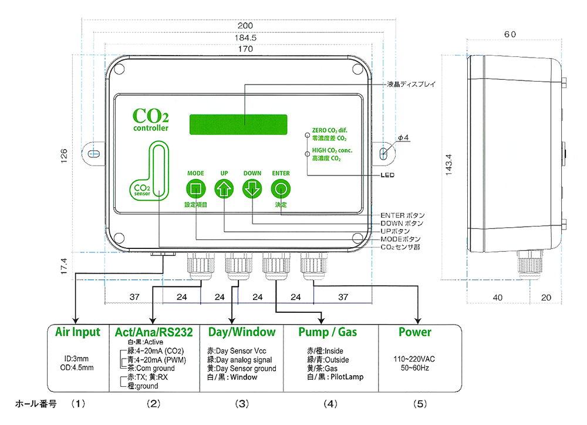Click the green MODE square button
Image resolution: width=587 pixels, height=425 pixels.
point(195,190)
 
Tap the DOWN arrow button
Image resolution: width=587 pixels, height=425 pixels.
point(252,190)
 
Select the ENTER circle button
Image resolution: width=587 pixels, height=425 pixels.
point(281,190)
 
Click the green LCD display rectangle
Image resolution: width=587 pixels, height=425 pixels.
point(238,123)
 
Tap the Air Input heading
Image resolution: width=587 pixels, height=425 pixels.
point(77,332)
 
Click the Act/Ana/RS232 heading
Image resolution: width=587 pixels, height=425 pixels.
point(154,333)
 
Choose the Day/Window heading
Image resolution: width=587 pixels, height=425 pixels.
point(241,332)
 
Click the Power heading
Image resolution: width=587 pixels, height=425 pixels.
point(415,332)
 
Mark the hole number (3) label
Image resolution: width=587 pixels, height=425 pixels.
point(242,404)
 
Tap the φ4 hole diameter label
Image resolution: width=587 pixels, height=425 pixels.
point(402,137)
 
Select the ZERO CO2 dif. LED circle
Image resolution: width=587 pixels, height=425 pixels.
point(306,135)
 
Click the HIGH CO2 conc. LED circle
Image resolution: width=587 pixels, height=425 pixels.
point(306,154)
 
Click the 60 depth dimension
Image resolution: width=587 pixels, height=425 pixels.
point(510,34)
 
